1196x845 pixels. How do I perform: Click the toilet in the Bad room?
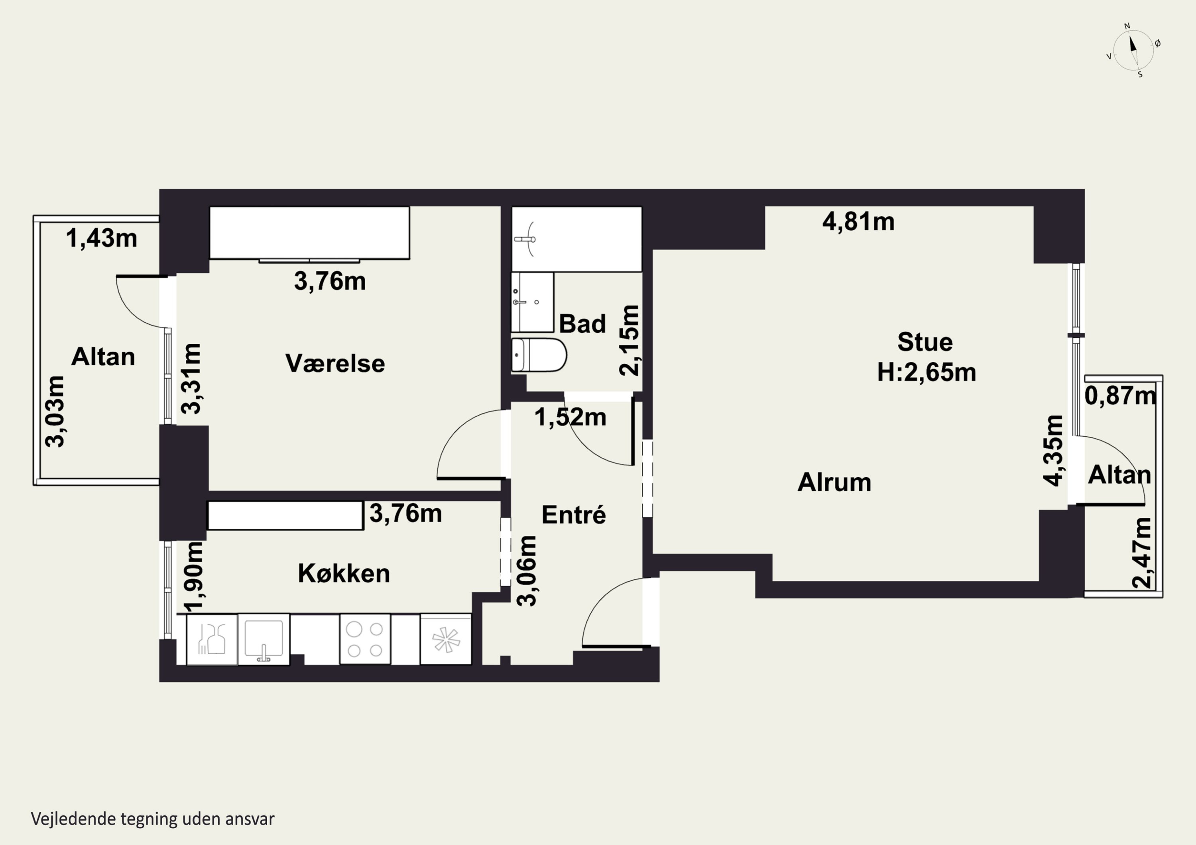pyautogui.click(x=539, y=355)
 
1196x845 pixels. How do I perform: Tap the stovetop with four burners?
pyautogui.click(x=365, y=639)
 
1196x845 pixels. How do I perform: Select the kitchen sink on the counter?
pyautogui.click(x=264, y=639)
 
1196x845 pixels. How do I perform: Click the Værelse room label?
pyautogui.click(x=335, y=363)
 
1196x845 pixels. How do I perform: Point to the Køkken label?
pyautogui.click(x=344, y=573)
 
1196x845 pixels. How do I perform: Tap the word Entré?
pyautogui.click(x=574, y=514)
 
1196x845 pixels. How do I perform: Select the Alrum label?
pyautogui.click(x=834, y=482)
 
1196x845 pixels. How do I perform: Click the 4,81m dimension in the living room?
pyautogui.click(x=858, y=222)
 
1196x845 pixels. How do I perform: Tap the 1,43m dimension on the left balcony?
pyautogui.click(x=102, y=239)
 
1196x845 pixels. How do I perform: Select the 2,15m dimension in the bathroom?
pyautogui.click(x=629, y=341)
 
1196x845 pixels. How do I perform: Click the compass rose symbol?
pyautogui.click(x=1133, y=50)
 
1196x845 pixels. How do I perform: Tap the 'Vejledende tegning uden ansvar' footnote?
pyautogui.click(x=153, y=819)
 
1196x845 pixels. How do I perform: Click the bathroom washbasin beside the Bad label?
pyautogui.click(x=532, y=302)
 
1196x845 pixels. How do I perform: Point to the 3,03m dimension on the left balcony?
pyautogui.click(x=55, y=411)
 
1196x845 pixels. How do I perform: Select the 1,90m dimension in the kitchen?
pyautogui.click(x=193, y=577)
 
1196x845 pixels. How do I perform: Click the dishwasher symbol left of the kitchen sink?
pyautogui.click(x=212, y=639)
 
